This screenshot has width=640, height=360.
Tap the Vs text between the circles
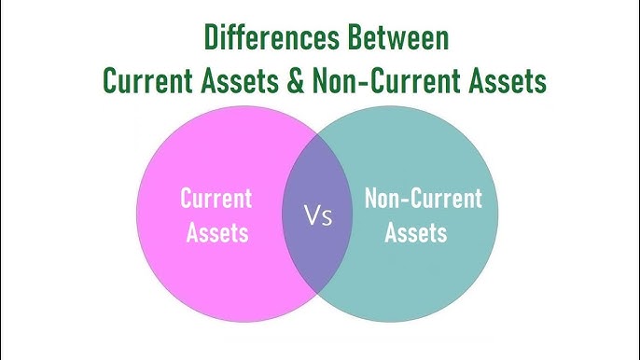(x=317, y=218)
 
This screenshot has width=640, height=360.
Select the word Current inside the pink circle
(x=216, y=199)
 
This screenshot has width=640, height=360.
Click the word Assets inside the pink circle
(x=216, y=232)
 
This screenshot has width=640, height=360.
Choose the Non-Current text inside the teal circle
(x=423, y=199)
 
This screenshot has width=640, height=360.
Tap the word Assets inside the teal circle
(x=424, y=232)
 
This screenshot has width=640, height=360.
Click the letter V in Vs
(x=312, y=218)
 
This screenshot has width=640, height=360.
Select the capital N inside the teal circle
(x=370, y=199)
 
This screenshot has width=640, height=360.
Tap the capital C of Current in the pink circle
(x=186, y=199)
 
